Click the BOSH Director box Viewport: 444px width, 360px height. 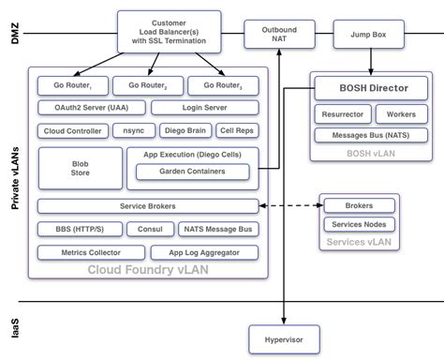pyautogui.click(x=372, y=89)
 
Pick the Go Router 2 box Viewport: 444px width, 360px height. pyautogui.click(x=148, y=86)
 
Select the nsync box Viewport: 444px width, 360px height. pyautogui.click(x=133, y=131)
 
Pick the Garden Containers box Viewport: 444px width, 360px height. pyautogui.click(x=193, y=172)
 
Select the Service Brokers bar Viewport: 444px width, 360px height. pyautogui.click(x=147, y=206)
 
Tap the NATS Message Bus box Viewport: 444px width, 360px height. pyautogui.click(x=217, y=229)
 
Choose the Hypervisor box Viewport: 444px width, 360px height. pyautogui.click(x=284, y=337)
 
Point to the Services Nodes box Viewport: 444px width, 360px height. pyautogui.click(x=359, y=224)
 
